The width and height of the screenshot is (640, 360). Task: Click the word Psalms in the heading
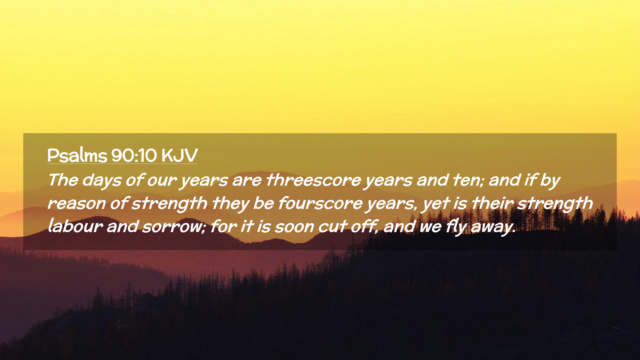[x=77, y=155]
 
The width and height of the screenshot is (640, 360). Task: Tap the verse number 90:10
[x=134, y=155]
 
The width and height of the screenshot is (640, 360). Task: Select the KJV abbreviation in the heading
[x=179, y=155]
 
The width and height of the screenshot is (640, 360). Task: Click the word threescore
[x=313, y=180]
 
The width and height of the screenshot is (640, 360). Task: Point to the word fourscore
[x=320, y=203]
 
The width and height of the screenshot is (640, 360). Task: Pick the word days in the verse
[x=102, y=181]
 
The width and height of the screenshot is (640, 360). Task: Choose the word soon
[x=294, y=227]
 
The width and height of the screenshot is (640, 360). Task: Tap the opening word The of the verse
[x=63, y=180]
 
